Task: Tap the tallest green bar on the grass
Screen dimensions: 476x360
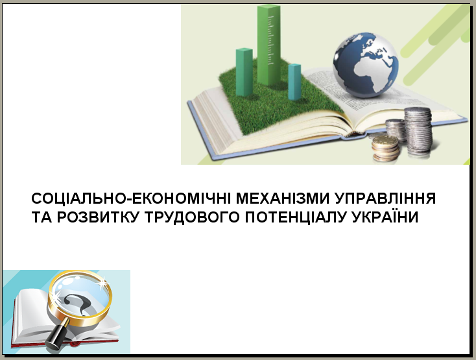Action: [x=269, y=45]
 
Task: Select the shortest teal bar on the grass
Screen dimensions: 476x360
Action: [x=294, y=82]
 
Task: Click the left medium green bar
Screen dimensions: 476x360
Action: [x=244, y=72]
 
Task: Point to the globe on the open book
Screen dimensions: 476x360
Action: [x=366, y=66]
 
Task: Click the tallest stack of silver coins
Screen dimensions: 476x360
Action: [x=418, y=130]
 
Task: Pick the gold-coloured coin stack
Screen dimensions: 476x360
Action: [x=386, y=149]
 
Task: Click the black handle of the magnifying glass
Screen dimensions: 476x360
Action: [x=58, y=335]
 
